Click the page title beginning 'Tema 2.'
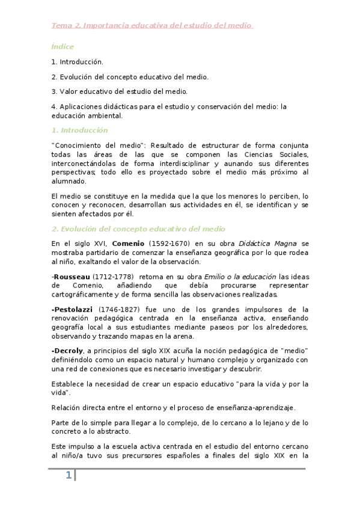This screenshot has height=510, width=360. (152, 25)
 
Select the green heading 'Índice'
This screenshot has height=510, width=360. (63, 46)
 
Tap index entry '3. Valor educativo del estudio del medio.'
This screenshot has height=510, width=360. (120, 91)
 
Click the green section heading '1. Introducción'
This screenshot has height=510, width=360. (79, 130)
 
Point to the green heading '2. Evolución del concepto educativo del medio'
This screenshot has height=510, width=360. (138, 229)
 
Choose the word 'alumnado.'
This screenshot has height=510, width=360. (69, 181)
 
